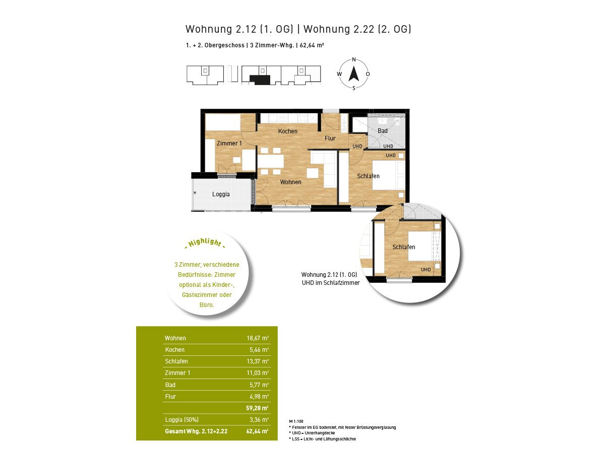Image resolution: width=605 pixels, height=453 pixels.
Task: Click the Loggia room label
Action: click(x=221, y=194)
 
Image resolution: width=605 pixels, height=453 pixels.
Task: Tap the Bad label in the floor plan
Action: click(x=382, y=131)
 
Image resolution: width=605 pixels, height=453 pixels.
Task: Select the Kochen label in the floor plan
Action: click(x=287, y=131)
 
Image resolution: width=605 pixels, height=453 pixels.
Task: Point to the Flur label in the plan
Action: click(x=330, y=138)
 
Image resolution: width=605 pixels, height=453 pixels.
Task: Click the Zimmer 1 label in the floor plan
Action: click(x=229, y=143)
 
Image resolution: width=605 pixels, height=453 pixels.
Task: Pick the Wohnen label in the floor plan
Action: click(x=290, y=182)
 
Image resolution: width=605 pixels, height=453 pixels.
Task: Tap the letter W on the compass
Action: click(x=339, y=74)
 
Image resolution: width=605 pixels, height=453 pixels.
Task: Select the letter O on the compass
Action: click(x=368, y=74)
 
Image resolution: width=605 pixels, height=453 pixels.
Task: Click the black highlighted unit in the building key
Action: click(x=260, y=80)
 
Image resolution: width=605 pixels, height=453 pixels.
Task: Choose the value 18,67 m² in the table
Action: click(x=258, y=338)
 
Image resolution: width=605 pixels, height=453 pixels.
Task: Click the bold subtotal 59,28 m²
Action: click(x=257, y=408)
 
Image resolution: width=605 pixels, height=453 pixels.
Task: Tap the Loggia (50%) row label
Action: click(x=181, y=420)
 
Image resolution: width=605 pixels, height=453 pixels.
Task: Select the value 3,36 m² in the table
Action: click(x=259, y=420)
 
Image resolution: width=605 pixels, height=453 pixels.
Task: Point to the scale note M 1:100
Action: click(x=296, y=421)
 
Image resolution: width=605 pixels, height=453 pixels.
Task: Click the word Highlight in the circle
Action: click(x=205, y=243)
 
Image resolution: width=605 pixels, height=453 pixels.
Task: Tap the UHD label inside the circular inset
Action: click(x=426, y=270)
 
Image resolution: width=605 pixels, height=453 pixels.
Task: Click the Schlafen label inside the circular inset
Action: click(x=403, y=247)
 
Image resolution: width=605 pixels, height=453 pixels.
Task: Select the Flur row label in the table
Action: click(x=170, y=396)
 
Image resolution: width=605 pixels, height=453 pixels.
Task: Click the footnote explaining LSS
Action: click(x=323, y=439)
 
